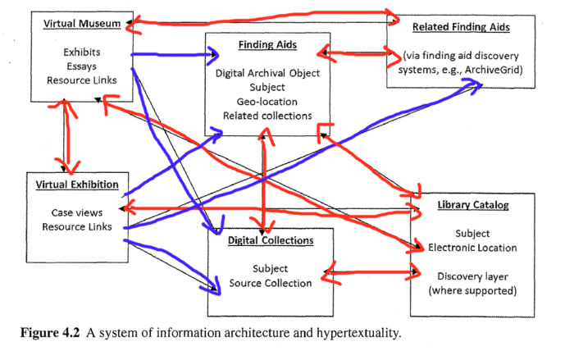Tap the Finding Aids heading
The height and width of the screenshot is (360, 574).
point(268,43)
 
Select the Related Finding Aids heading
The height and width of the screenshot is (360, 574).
point(461,27)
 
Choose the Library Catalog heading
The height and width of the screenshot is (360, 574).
point(474,204)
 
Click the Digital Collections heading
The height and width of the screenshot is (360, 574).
point(270,241)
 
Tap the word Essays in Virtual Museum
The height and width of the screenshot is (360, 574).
point(82,66)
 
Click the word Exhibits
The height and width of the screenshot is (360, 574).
point(82,52)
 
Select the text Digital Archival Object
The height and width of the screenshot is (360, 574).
point(267,72)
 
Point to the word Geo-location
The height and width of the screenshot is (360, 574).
point(267,102)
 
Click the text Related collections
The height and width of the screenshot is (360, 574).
point(267,116)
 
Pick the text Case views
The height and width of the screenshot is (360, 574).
point(78,212)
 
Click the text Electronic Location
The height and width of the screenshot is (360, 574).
point(473,247)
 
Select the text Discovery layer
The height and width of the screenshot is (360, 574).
point(473,276)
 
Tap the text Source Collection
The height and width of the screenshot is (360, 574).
point(270,284)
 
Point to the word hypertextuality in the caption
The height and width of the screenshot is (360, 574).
point(359,334)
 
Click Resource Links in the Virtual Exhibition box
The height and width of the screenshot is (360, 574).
point(78,226)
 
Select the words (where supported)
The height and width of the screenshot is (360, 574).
point(473,290)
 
